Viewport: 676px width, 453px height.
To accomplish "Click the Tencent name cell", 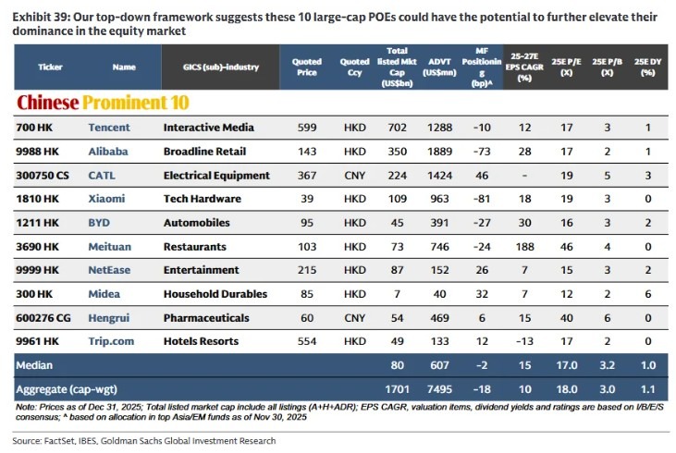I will [x=109, y=127].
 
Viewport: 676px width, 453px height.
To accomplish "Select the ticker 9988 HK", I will [x=38, y=151].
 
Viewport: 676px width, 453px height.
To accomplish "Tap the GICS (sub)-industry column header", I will [x=209, y=67].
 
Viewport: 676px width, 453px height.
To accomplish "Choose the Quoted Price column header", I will [x=307, y=67].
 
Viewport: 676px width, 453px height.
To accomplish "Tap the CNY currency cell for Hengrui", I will [x=354, y=318].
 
